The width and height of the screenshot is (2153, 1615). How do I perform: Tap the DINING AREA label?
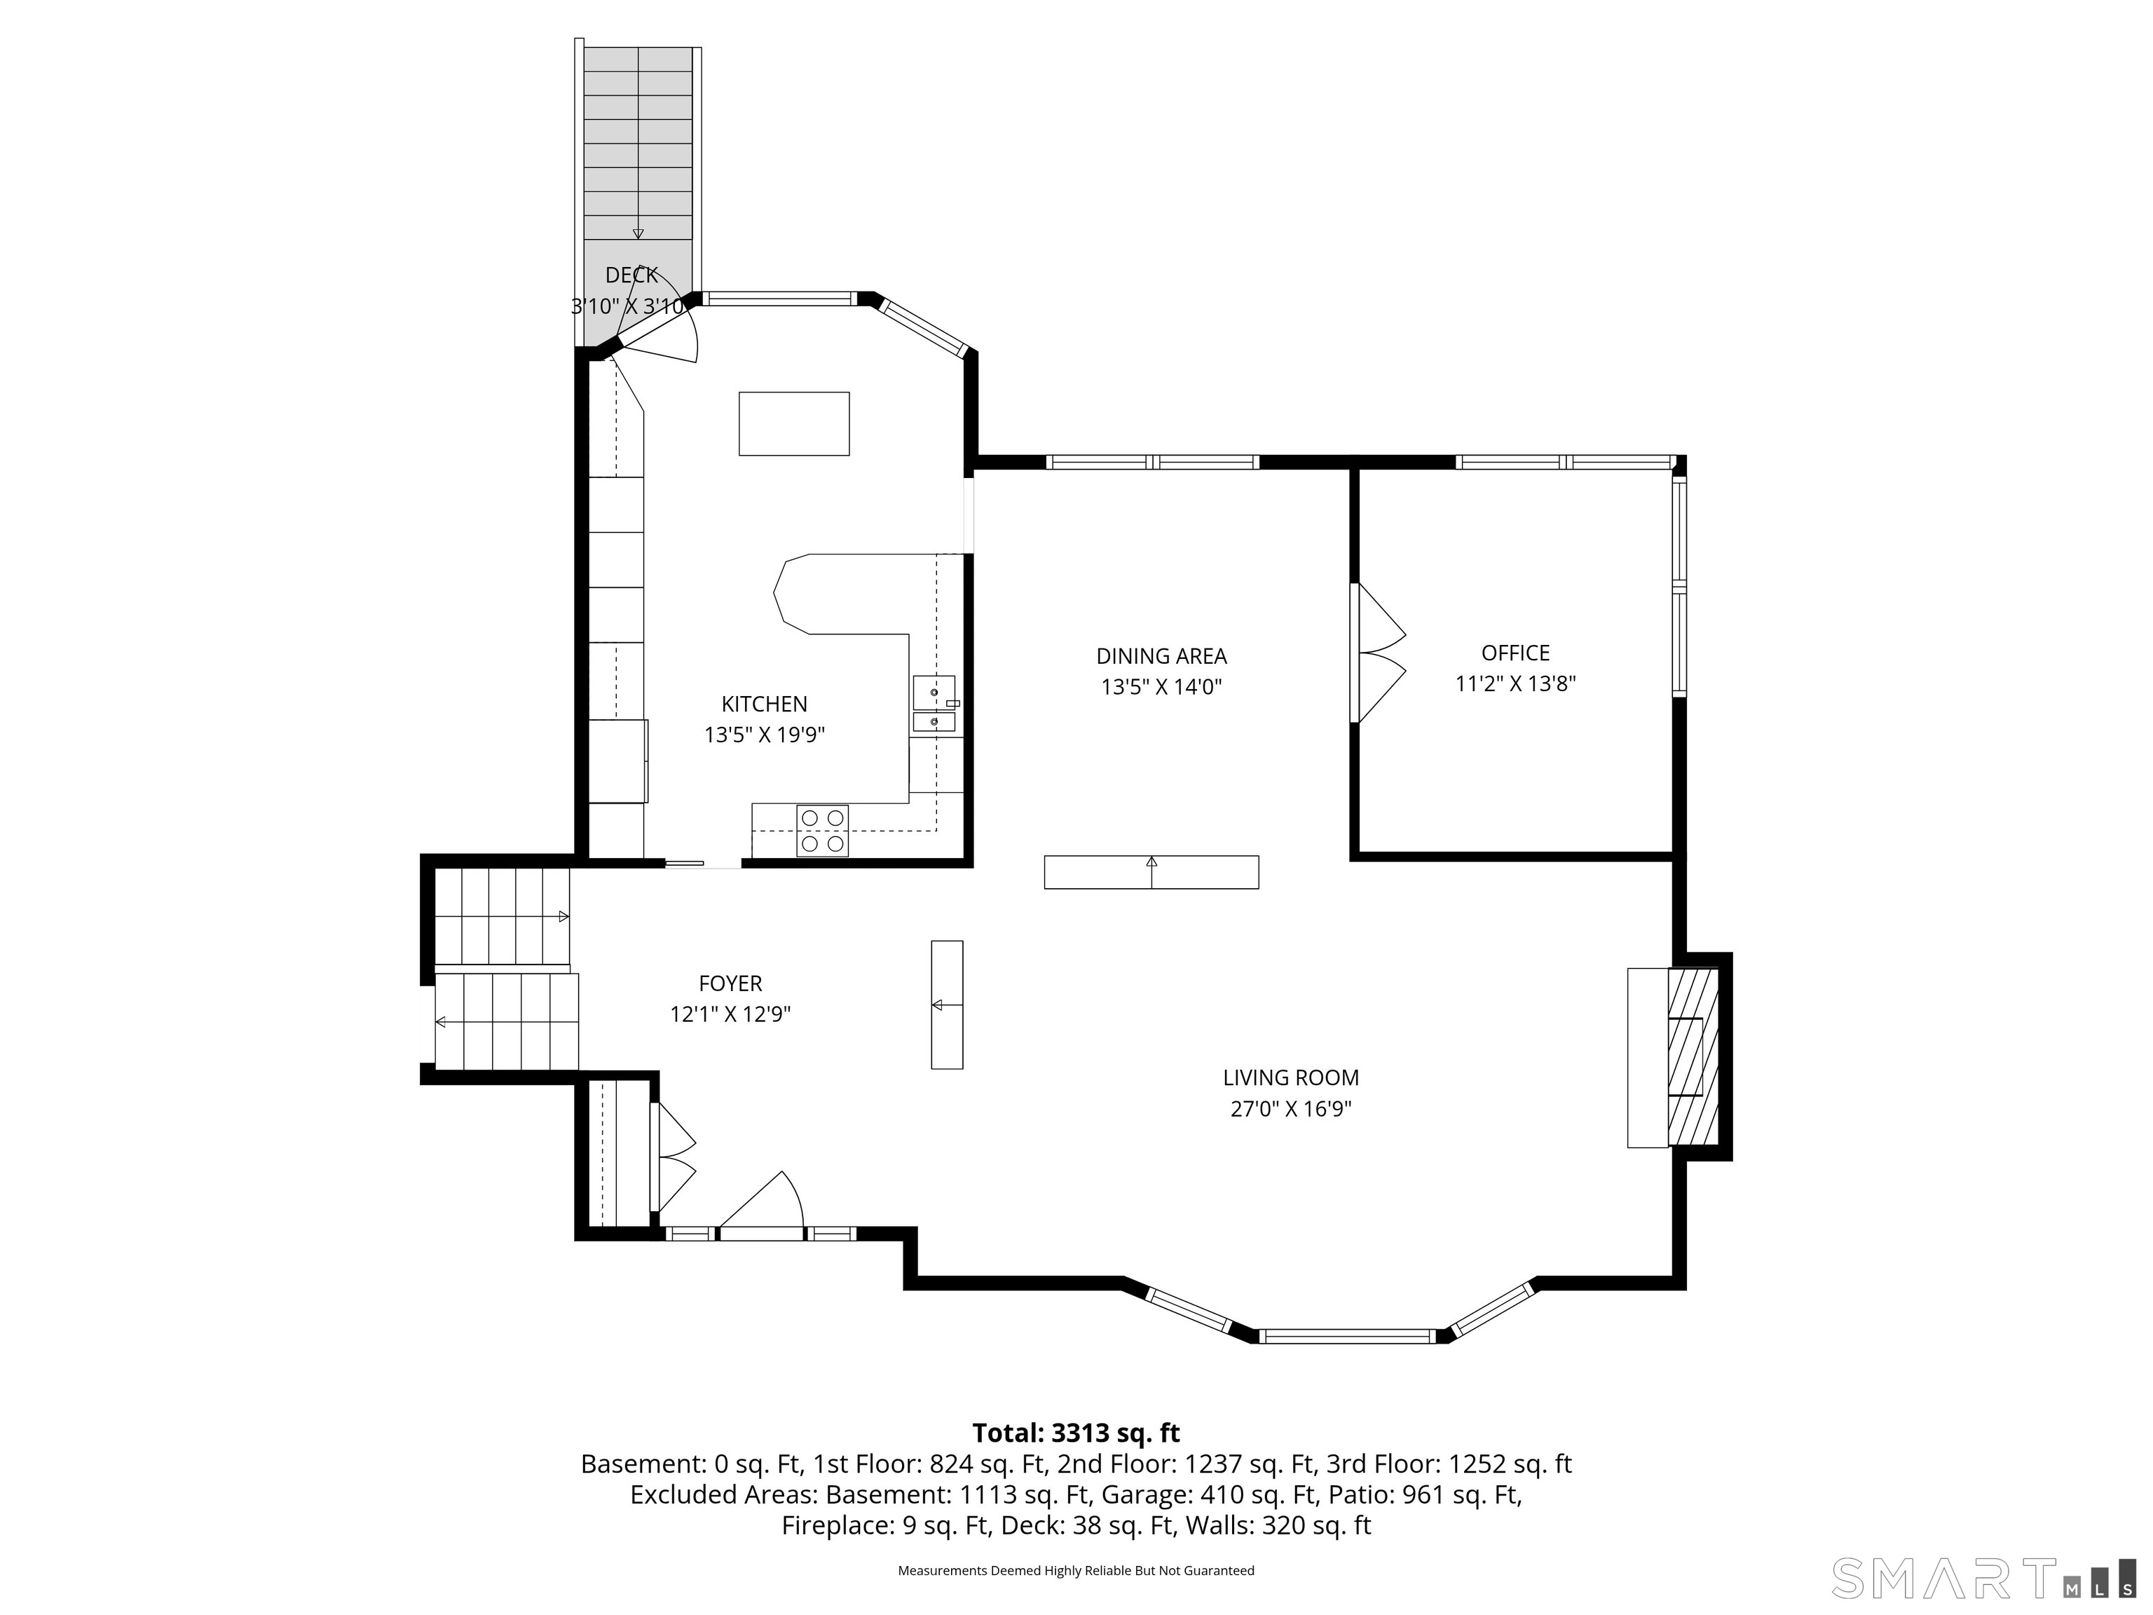[x=1161, y=656]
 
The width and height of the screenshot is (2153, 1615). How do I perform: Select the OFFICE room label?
[x=1515, y=653]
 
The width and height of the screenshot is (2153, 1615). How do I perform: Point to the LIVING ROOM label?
[x=1291, y=1077]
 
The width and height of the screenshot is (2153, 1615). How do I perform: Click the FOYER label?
[x=730, y=983]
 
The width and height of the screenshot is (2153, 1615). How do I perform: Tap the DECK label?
[x=631, y=275]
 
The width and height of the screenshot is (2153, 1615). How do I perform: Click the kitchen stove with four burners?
[x=823, y=831]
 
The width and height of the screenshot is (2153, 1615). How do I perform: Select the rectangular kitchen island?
[x=794, y=423]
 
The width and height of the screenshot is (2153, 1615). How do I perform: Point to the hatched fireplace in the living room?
[x=1693, y=1057]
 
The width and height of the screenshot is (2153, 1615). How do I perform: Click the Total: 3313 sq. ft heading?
[x=1076, y=1433]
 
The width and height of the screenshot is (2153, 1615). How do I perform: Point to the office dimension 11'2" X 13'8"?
[x=1515, y=683]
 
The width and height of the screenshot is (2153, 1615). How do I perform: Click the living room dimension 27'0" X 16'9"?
[x=1291, y=1109]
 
